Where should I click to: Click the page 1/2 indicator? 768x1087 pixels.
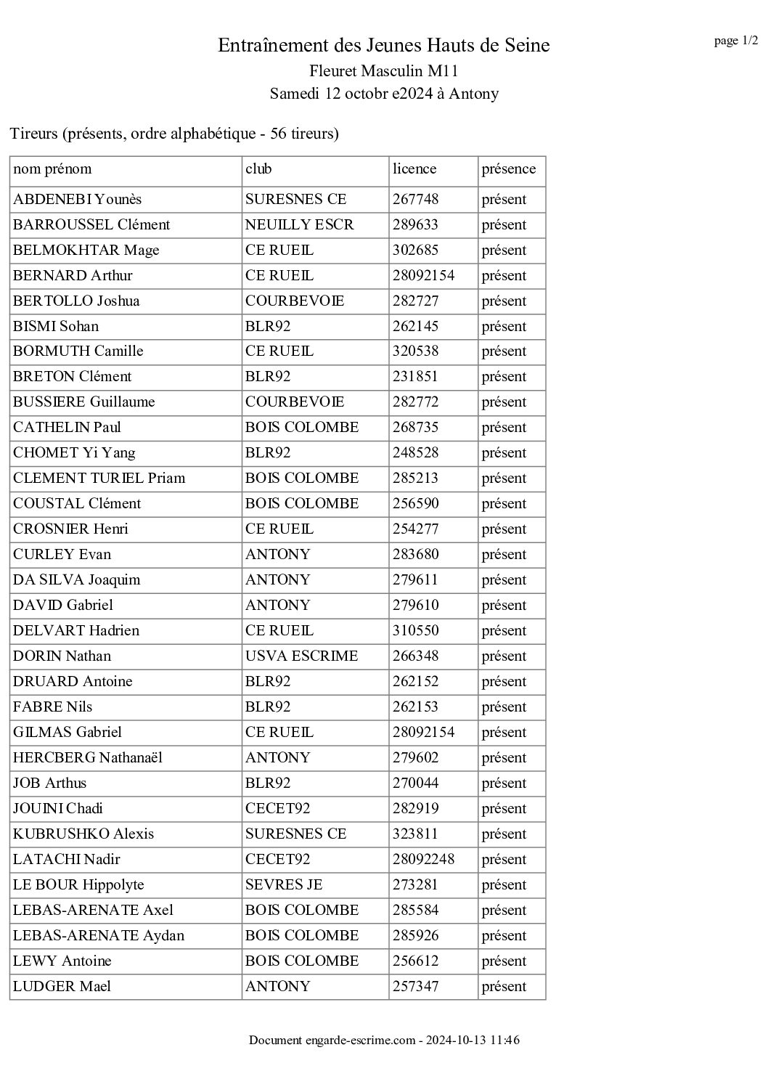coord(735,41)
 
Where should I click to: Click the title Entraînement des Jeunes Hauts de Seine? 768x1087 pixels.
coord(383,46)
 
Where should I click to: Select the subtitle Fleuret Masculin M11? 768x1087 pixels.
coord(383,71)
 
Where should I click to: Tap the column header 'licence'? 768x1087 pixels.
coord(414,169)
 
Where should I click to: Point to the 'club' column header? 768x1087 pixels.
coord(258,169)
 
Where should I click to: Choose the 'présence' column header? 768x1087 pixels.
coord(508,169)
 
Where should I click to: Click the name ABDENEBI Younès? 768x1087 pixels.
coord(77,200)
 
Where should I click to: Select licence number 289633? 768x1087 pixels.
coord(415,225)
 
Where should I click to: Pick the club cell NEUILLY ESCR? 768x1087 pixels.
coord(299,225)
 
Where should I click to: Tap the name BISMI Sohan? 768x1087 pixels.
coord(56,327)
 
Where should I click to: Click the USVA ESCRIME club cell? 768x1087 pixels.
coord(301,656)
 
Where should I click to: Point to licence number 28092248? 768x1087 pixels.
coord(423,860)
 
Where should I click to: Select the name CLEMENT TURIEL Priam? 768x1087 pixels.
coord(99,479)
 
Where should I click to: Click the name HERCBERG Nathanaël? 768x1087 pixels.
coord(87,758)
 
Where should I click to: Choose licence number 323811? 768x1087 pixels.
coord(415,834)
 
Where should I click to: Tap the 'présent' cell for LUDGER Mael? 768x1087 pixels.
coord(504,987)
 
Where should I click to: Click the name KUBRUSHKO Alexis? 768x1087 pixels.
coord(83,834)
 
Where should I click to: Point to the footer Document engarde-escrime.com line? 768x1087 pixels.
coord(383,1041)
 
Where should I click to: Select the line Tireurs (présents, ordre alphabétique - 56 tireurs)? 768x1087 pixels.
coord(174,134)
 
